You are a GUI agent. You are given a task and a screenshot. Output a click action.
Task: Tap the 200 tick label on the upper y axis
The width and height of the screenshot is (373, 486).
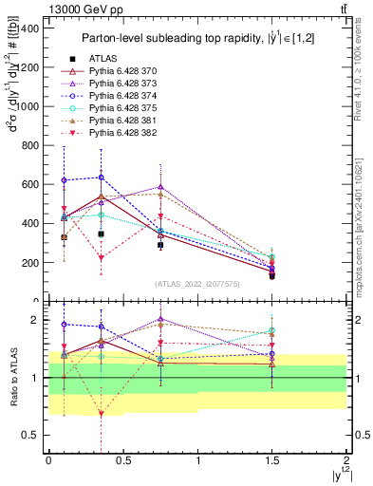31,263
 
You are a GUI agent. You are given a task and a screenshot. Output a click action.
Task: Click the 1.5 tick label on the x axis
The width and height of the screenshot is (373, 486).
272,460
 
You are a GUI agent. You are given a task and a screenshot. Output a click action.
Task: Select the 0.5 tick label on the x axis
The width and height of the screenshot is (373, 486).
122,460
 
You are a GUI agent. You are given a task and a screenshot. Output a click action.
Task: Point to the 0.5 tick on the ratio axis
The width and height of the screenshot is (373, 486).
31,435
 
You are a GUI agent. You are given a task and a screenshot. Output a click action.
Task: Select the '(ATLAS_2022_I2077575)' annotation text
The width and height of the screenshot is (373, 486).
196,284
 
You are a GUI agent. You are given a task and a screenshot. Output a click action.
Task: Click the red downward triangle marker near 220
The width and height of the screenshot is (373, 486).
102,258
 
